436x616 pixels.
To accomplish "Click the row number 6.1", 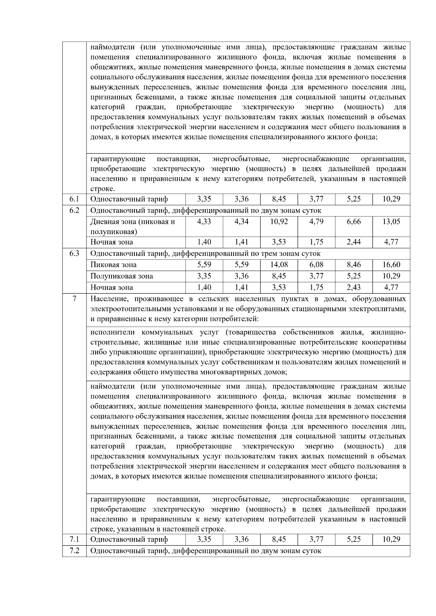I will pyautogui.click(x=74, y=199).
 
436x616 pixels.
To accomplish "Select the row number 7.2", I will pyautogui.click(x=74, y=551).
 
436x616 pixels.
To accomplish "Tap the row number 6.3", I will pyautogui.click(x=74, y=253).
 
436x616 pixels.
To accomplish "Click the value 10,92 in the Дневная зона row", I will pyautogui.click(x=279, y=221).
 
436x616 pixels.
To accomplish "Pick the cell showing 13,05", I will pyautogui.click(x=391, y=221).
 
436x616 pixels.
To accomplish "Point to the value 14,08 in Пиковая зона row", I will pyautogui.click(x=279, y=265).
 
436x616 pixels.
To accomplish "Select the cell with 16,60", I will pyautogui.click(x=391, y=265).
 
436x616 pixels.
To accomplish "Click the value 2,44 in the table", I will pyautogui.click(x=354, y=242).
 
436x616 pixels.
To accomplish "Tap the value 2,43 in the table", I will pyautogui.click(x=354, y=287).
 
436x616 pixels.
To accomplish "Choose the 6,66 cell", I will pyautogui.click(x=354, y=221).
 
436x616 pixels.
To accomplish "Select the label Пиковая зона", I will pyautogui.click(x=113, y=265).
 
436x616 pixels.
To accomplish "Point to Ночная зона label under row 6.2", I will pyautogui.click(x=112, y=242).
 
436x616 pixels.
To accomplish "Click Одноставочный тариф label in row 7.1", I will pyautogui.click(x=129, y=539).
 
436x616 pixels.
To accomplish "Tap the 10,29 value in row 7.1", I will pyautogui.click(x=391, y=539).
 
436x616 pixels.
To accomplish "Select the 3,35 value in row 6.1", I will pyautogui.click(x=204, y=199).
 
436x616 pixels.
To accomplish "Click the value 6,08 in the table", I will pyautogui.click(x=316, y=265).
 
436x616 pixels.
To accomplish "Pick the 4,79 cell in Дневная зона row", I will pyautogui.click(x=316, y=221).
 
